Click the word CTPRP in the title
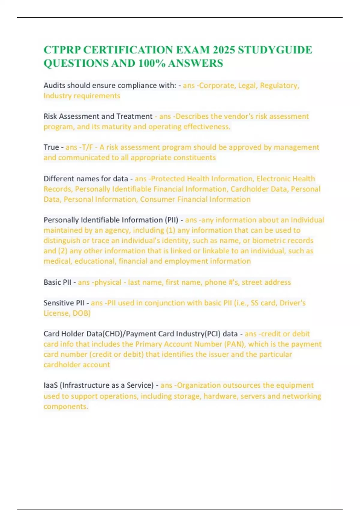coord(62,50)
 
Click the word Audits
coord(54,85)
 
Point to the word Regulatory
coord(280,85)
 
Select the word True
coord(51,147)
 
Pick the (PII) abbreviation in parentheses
coord(172,220)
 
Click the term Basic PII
coord(57,282)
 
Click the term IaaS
coord(50,385)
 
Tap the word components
coord(65,407)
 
